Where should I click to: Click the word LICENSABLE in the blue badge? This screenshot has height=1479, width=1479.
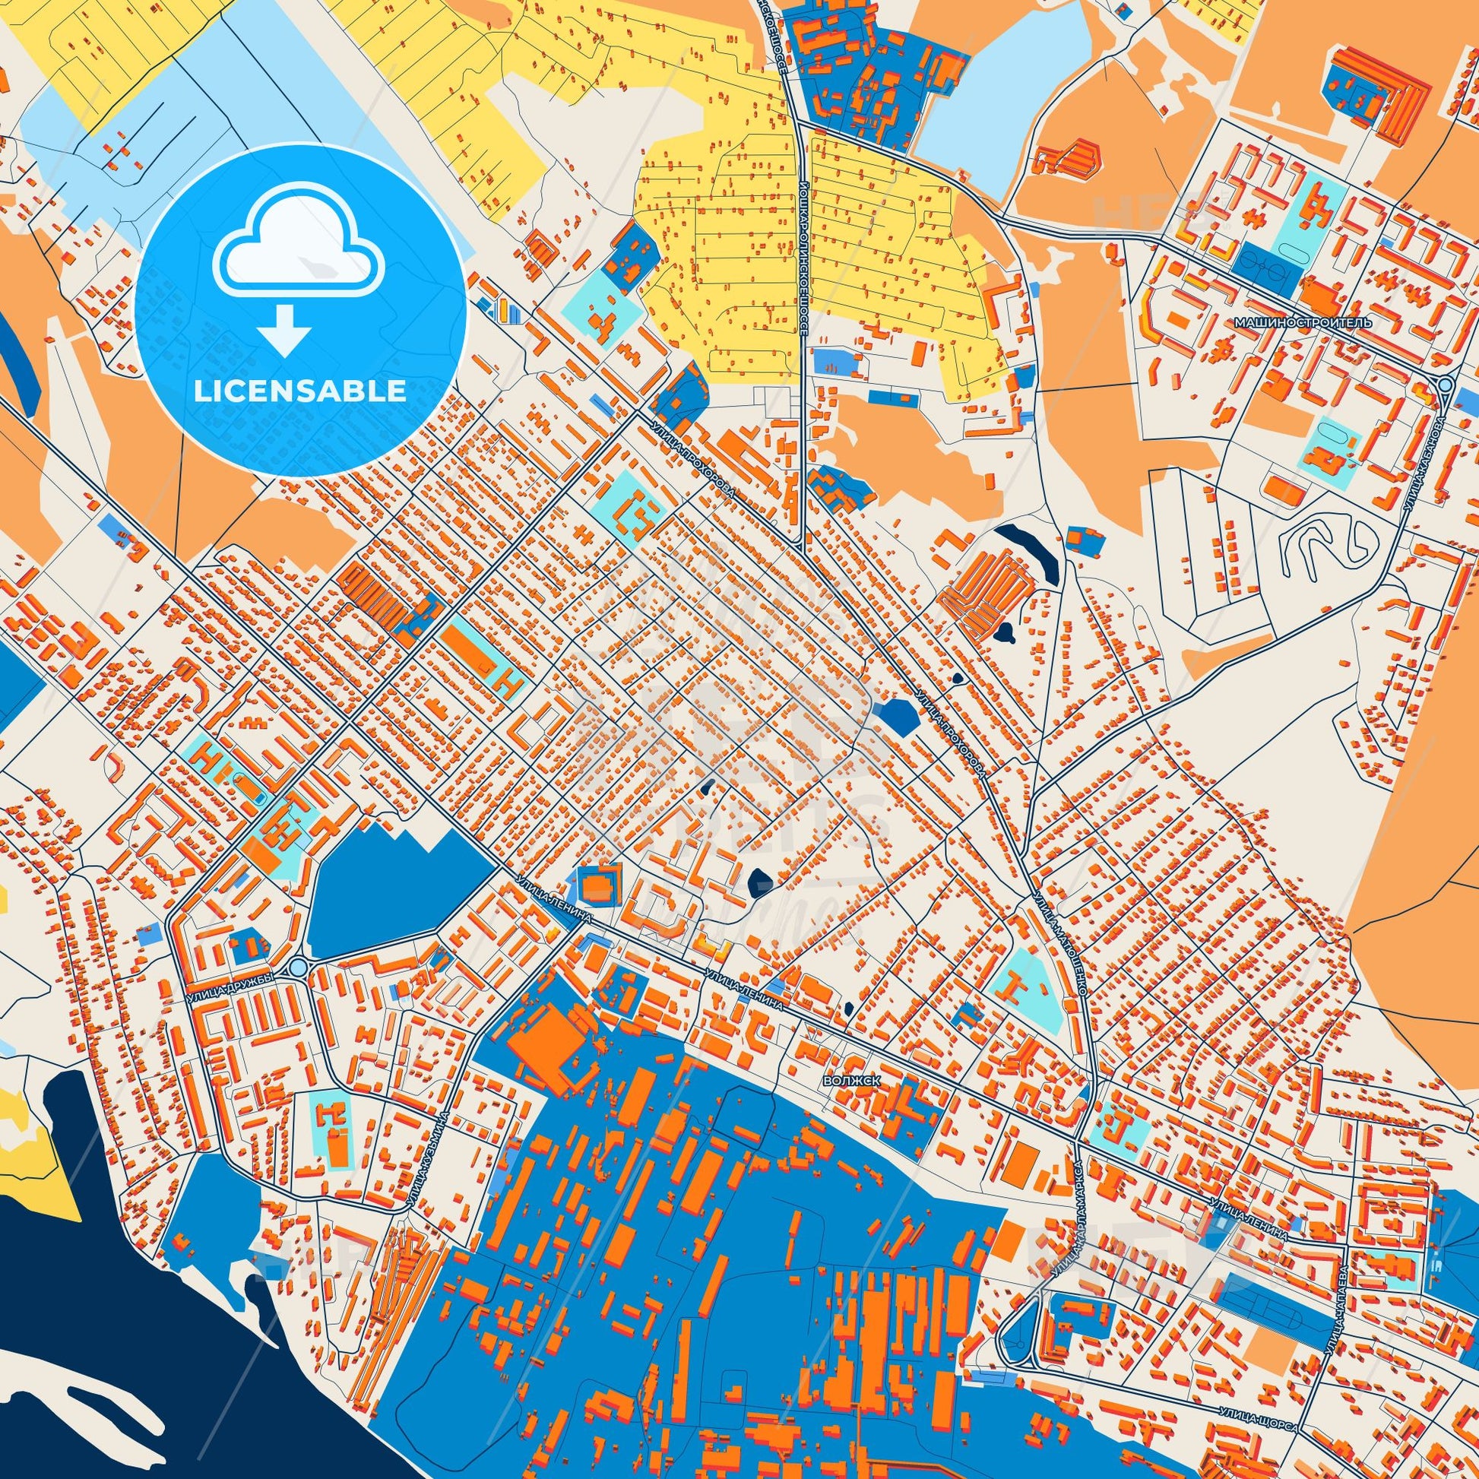(x=299, y=391)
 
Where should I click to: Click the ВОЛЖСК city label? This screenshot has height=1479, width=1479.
(x=850, y=1080)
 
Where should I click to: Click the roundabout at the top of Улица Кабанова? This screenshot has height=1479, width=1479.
(x=1444, y=385)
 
